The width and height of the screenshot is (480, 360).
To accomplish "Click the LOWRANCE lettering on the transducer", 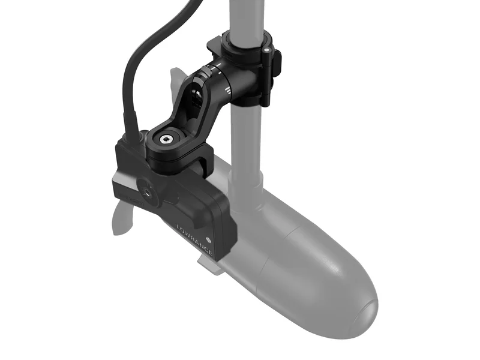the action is [194, 241].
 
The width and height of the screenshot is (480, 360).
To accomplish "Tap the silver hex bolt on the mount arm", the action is [166, 140].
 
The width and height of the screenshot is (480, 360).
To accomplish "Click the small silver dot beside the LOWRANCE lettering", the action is [208, 238].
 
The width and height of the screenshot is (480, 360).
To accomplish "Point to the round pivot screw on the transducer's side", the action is [146, 193].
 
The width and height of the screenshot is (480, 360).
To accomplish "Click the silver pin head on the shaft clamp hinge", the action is [266, 49].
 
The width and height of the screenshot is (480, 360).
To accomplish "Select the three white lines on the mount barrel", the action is [227, 89].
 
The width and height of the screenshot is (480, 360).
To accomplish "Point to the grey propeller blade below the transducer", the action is [122, 218].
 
